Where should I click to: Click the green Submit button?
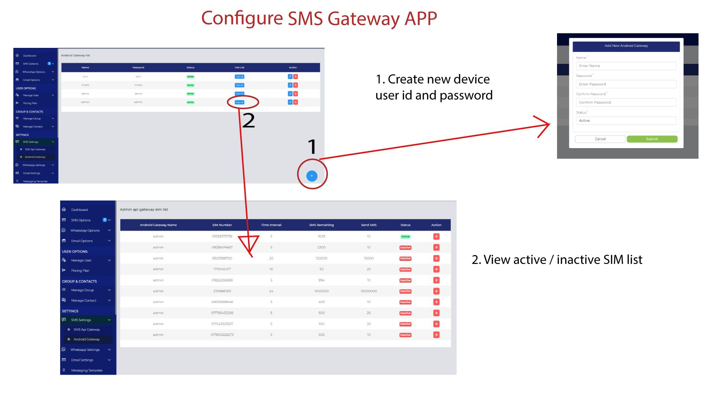652,139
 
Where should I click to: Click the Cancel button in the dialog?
600,139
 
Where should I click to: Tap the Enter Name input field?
626,66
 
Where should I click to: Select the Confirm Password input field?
626,102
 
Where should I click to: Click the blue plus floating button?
312,176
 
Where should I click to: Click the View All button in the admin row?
240,102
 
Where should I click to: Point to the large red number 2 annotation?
248,121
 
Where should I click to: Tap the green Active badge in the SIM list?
405,237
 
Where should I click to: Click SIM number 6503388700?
222,258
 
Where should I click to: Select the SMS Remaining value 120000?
321,258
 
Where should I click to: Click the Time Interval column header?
271,225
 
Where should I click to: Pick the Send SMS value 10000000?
368,291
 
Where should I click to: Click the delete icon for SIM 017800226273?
436,335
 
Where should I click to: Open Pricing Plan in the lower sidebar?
80,271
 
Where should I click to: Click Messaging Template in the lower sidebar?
87,371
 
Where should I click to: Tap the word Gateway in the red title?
363,19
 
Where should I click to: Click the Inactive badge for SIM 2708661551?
405,291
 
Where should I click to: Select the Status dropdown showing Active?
626,121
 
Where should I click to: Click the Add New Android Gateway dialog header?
626,46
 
